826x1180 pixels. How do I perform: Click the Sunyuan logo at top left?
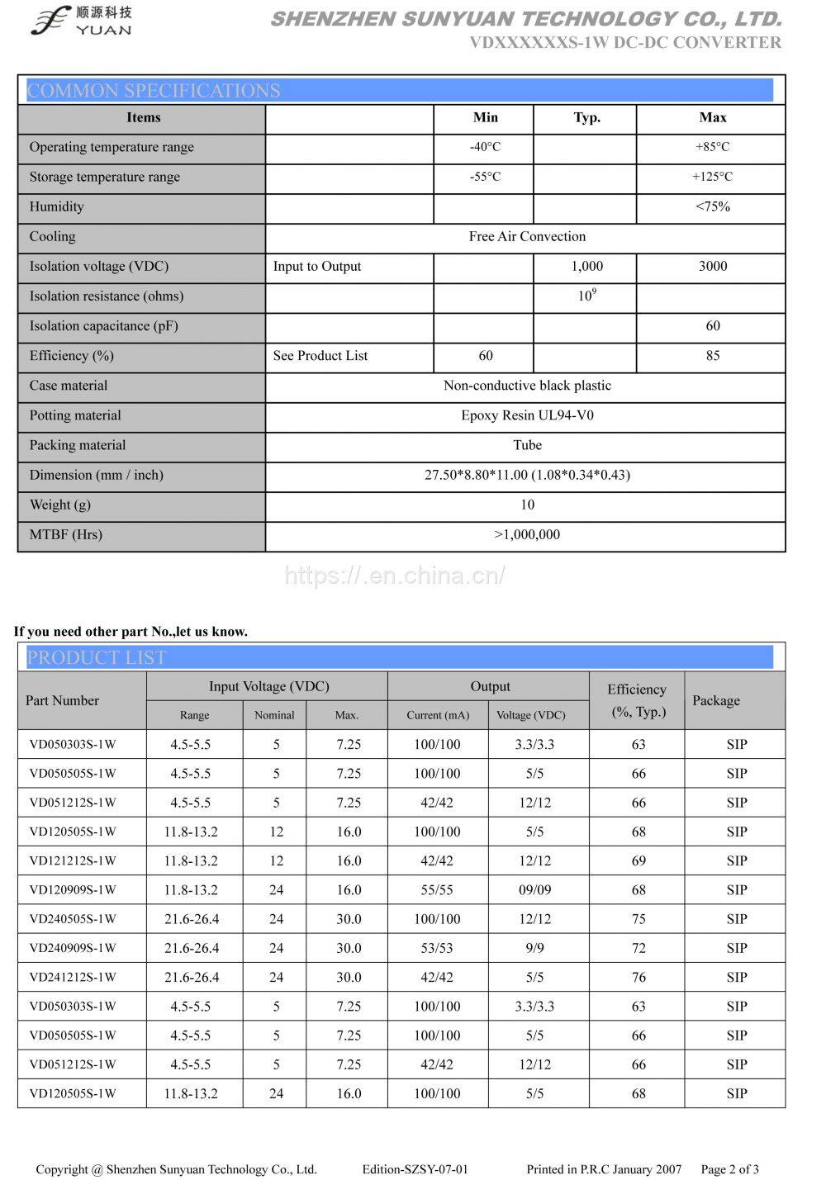(x=80, y=20)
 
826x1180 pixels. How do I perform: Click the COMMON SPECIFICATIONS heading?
(x=154, y=90)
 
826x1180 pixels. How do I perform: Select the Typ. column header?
(x=586, y=117)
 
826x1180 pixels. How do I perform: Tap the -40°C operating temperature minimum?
(x=485, y=147)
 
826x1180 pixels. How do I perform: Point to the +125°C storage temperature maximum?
(x=712, y=177)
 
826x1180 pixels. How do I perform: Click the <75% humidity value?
(x=712, y=206)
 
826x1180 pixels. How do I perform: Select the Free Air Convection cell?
(x=527, y=236)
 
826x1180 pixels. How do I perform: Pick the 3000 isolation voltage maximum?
(x=712, y=266)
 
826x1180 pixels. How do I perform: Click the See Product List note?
(x=320, y=356)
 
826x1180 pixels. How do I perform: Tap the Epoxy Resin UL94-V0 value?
(x=527, y=415)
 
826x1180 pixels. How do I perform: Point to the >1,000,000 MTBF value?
(x=527, y=534)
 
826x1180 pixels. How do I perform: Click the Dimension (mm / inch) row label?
(x=97, y=475)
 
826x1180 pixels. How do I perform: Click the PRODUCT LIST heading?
(x=97, y=657)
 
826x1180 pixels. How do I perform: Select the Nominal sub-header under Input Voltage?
(x=274, y=715)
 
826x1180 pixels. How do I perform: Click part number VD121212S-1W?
(x=73, y=860)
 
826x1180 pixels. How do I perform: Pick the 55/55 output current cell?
(x=437, y=890)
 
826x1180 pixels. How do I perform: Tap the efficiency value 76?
(x=638, y=977)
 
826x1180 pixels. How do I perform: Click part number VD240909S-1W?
(x=73, y=948)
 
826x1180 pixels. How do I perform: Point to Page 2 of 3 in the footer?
(x=729, y=1168)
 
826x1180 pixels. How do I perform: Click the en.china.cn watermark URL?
(x=395, y=576)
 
